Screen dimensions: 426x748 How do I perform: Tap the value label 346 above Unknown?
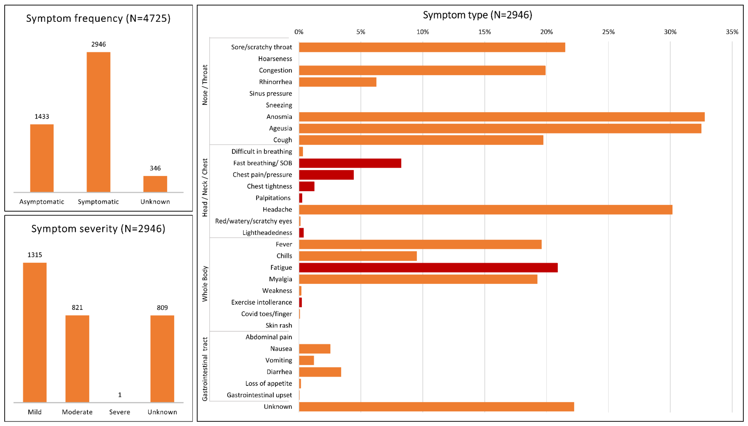pyautogui.click(x=155, y=168)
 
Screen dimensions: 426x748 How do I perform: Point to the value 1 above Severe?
pyautogui.click(x=120, y=395)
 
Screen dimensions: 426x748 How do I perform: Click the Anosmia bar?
pyautogui.click(x=501, y=117)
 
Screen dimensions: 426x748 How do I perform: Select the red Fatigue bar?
pyautogui.click(x=428, y=267)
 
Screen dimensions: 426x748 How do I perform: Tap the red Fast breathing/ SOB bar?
pyautogui.click(x=350, y=163)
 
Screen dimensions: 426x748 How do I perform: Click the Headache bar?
pyautogui.click(x=485, y=209)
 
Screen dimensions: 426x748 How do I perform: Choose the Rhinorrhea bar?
pyautogui.click(x=338, y=82)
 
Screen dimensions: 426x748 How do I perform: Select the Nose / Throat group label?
pyautogui.click(x=205, y=85)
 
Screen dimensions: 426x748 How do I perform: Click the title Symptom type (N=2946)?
pyautogui.click(x=477, y=15)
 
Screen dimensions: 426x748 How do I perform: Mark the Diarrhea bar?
pyautogui.click(x=320, y=372)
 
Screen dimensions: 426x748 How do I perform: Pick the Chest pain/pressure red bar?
pyautogui.click(x=326, y=175)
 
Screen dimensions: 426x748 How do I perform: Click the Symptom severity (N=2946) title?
pyautogui.click(x=98, y=229)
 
